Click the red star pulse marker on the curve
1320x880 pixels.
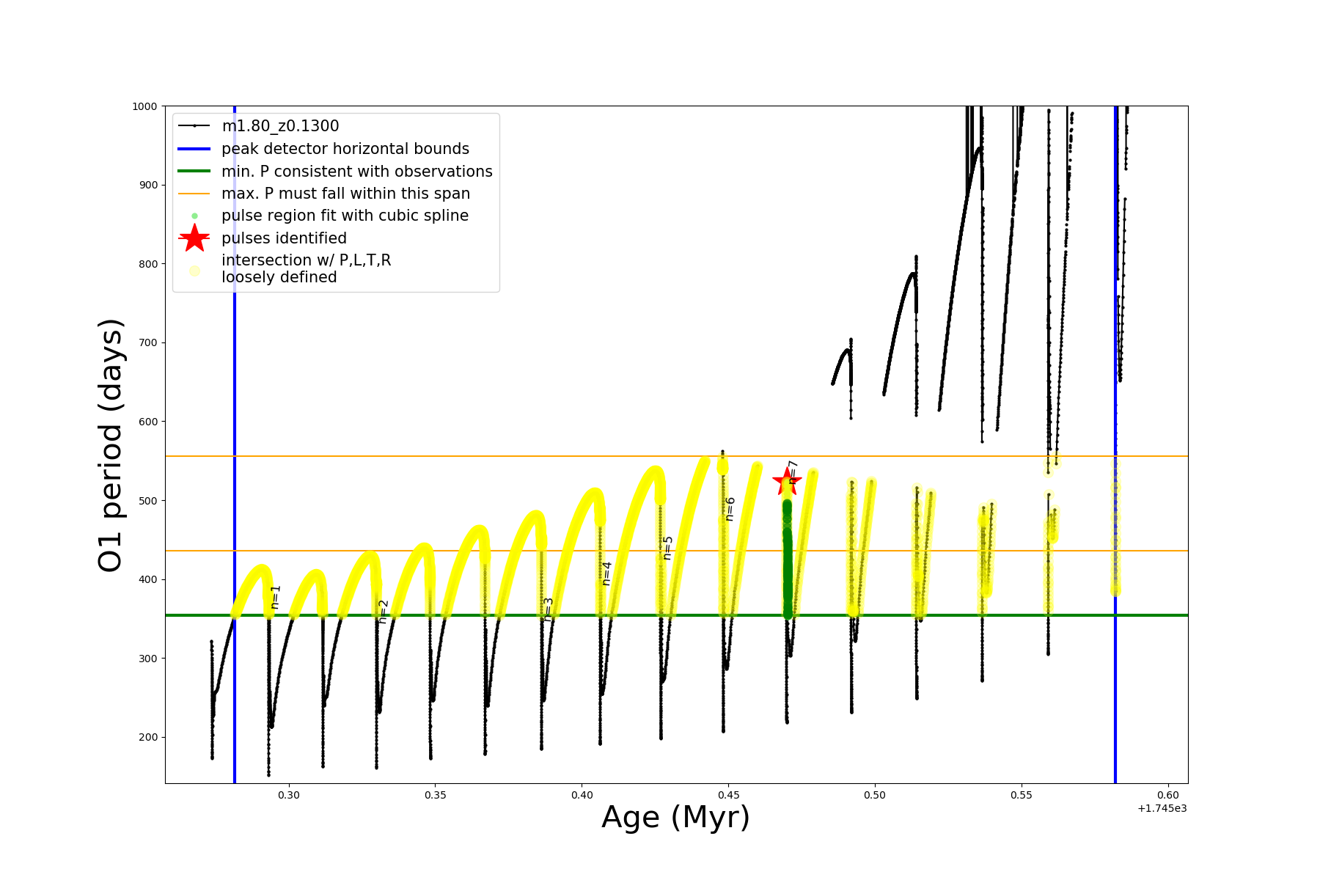787,482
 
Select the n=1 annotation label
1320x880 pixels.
276,597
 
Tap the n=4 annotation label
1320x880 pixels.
606,573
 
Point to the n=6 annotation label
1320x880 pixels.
730,509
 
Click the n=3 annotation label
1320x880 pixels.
548,609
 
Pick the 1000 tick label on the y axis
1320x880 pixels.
144,106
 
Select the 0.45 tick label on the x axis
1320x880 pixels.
728,795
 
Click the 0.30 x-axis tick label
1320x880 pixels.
289,795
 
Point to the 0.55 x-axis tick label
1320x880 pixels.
1022,795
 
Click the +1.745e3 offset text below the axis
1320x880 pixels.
1162,808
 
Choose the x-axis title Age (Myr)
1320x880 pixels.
675,818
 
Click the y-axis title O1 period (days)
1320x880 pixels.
111,445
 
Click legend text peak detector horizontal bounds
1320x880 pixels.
345,149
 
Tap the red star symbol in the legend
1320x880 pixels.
194,238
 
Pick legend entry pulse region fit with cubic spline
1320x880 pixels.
345,216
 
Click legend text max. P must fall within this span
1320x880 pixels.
345,194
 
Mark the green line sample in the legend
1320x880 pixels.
194,171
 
